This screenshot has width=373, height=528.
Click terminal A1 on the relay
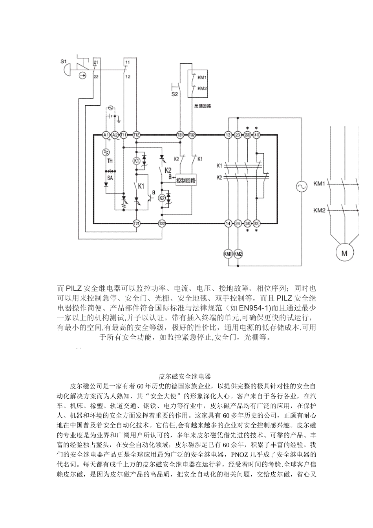click(x=105, y=135)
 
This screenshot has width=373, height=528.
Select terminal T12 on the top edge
click(x=136, y=135)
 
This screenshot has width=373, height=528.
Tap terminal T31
click(x=180, y=135)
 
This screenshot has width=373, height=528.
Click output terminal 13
click(x=228, y=135)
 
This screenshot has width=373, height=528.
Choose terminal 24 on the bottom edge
click(x=238, y=223)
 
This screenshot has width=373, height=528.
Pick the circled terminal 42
click(x=257, y=223)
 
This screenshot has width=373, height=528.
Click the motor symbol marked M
click(x=344, y=253)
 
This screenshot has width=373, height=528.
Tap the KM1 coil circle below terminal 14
click(x=228, y=254)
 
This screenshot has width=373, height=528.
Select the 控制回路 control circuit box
click(x=186, y=180)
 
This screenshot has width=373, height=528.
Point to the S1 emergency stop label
click(x=64, y=61)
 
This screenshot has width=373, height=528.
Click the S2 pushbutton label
click(x=174, y=94)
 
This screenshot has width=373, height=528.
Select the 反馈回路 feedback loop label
click(x=203, y=105)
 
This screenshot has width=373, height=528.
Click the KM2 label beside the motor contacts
click(x=319, y=210)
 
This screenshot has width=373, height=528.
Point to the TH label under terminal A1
click(x=110, y=161)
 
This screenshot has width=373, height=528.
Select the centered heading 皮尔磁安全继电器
click(x=186, y=376)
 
